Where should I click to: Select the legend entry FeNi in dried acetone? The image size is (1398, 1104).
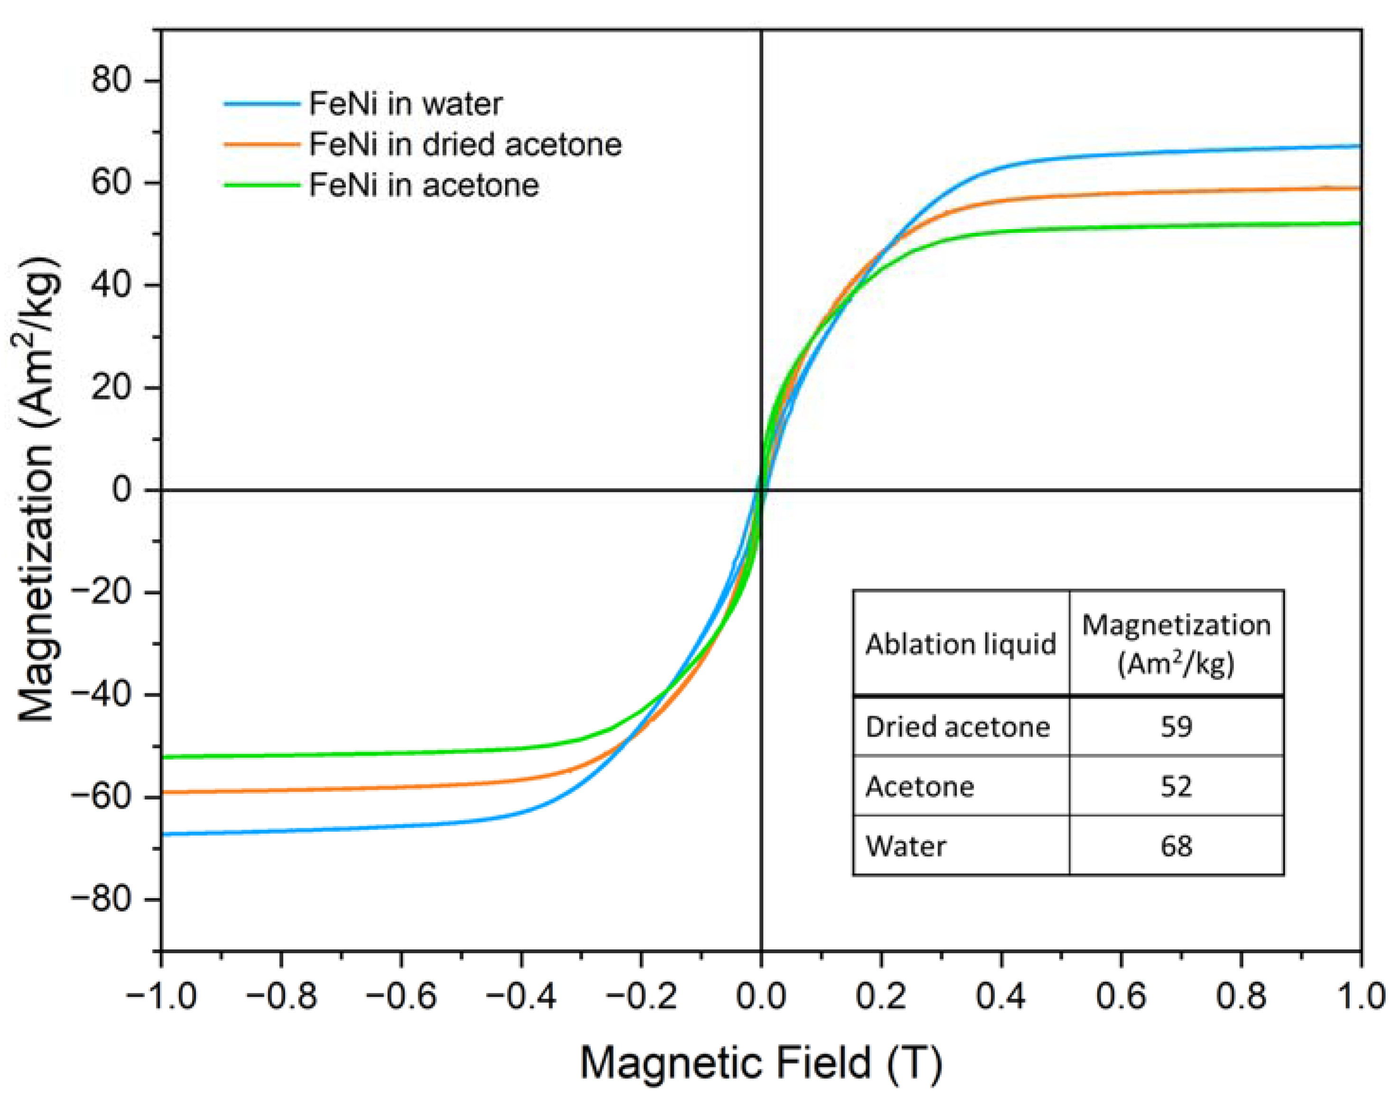pyautogui.click(x=465, y=144)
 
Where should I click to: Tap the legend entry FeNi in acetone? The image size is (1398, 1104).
pyautogui.click(x=423, y=185)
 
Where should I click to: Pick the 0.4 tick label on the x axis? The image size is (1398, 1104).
pyautogui.click(x=1001, y=996)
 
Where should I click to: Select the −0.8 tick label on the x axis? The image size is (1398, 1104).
pyautogui.click(x=281, y=996)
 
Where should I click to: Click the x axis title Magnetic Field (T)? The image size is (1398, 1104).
pyautogui.click(x=761, y=1063)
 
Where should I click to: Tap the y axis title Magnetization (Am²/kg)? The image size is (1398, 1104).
pyautogui.click(x=37, y=489)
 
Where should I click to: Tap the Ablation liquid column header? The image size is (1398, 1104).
pyautogui.click(x=960, y=644)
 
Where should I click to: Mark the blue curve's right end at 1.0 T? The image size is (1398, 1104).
pyautogui.click(x=1359, y=147)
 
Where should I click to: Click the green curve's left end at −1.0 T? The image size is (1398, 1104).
pyautogui.click(x=163, y=757)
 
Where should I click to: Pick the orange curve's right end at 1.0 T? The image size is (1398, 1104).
pyautogui.click(x=1359, y=188)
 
